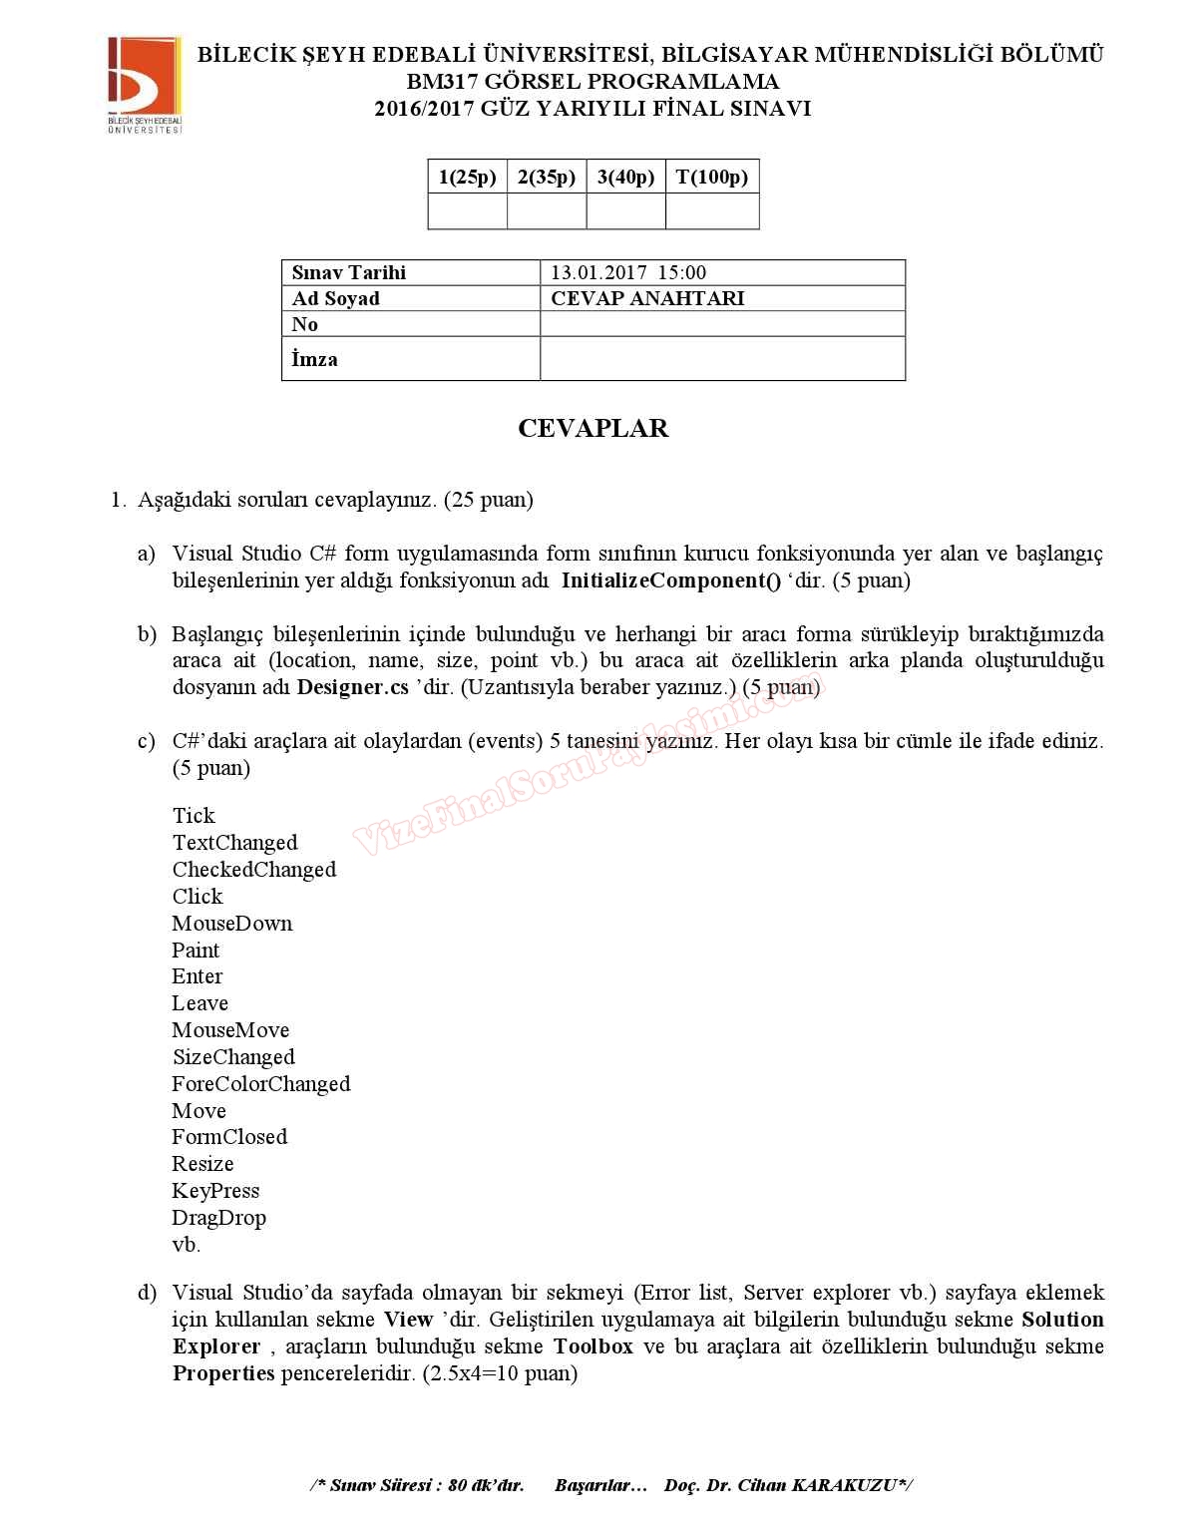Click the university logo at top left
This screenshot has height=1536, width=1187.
(x=145, y=85)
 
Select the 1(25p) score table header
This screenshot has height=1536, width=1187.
(x=467, y=178)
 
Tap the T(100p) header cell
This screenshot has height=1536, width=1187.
(x=711, y=178)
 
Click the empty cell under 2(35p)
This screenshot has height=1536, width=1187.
(x=547, y=211)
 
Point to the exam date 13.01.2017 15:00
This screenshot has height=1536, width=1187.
(x=628, y=272)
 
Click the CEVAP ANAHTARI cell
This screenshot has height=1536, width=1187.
(x=647, y=298)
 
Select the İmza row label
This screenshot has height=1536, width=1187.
(x=314, y=359)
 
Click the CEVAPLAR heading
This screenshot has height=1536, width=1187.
(x=593, y=428)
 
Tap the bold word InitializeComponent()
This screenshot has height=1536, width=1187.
(x=671, y=580)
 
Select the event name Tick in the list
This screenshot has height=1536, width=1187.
(x=194, y=816)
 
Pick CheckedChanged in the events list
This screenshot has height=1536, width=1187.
(x=254, y=870)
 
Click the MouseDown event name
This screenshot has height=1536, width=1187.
(x=232, y=924)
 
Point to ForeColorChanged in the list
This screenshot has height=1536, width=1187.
(x=261, y=1084)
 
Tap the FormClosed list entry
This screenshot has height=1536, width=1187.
(x=229, y=1137)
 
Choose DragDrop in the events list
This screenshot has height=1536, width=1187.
(x=218, y=1218)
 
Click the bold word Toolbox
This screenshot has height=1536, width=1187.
(x=593, y=1346)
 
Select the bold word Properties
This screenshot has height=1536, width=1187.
(x=223, y=1373)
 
